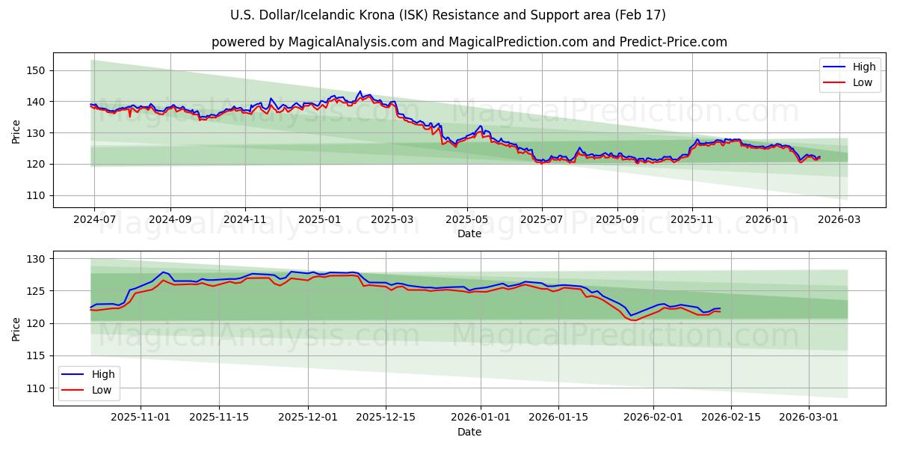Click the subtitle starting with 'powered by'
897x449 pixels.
(469, 42)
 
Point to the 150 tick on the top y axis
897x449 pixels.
(37, 70)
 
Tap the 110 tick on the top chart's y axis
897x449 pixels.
(37, 195)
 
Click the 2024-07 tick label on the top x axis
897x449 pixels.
(94, 220)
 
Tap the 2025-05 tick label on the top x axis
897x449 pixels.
(467, 220)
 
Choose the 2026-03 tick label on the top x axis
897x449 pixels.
(839, 220)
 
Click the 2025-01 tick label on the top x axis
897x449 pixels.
(320, 220)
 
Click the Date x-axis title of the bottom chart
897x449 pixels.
(469, 432)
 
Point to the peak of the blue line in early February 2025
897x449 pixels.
(360, 91)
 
